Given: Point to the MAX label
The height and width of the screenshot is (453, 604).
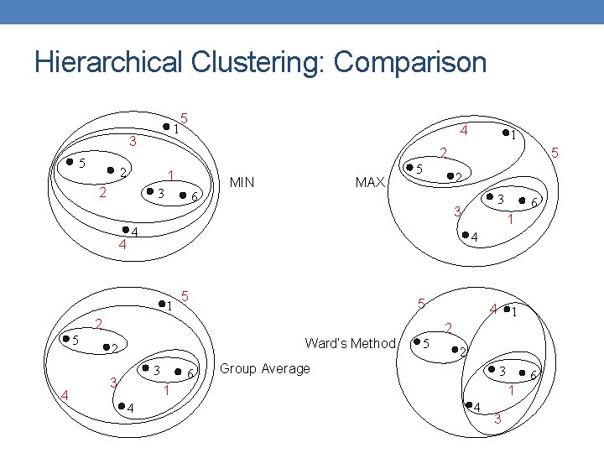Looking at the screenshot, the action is coord(370,182).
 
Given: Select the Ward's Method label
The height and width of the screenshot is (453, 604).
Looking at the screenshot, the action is coord(350,343).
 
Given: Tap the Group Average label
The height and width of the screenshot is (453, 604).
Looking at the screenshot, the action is coord(264,369).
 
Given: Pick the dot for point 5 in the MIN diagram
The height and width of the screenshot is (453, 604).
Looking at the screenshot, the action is coord(70,164).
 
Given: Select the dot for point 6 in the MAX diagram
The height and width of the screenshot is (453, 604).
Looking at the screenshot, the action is coord(522,200).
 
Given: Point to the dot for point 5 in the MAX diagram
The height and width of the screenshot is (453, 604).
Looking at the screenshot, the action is coord(409,169).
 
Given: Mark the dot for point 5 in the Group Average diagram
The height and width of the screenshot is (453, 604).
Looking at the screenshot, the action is coord(65,339).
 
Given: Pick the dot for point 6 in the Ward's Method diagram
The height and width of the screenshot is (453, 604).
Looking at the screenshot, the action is coord(523,372).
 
